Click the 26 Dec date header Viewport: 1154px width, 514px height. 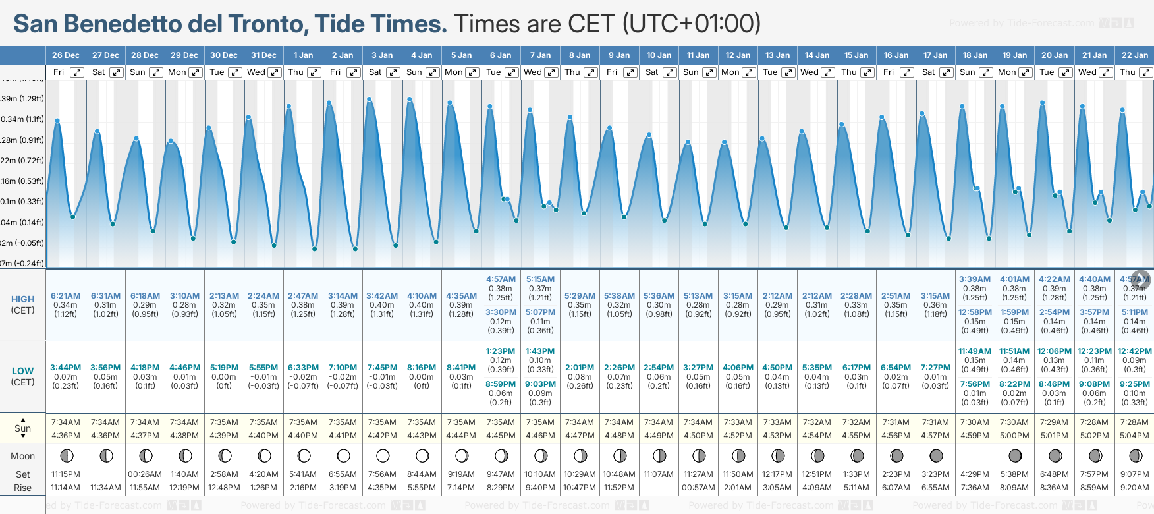(66, 55)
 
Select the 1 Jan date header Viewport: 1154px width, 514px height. (303, 55)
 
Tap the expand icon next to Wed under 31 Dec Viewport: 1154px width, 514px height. (275, 72)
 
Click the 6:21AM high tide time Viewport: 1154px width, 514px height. (65, 296)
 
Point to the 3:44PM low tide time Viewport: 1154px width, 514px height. (65, 368)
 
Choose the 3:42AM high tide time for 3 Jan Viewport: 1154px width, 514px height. (382, 296)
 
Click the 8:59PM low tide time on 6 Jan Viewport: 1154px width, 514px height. (501, 384)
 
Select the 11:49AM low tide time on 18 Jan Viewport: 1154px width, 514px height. (975, 351)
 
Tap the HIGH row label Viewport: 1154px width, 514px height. (22, 299)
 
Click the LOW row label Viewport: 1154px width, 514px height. (22, 371)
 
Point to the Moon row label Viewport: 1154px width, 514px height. (22, 456)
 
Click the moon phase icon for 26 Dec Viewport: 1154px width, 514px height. (66, 455)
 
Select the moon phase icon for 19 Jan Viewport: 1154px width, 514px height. (1015, 455)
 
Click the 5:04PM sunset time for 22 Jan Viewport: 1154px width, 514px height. (1134, 436)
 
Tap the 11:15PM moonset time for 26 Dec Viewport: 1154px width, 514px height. (65, 474)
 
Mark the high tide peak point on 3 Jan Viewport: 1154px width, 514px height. (370, 100)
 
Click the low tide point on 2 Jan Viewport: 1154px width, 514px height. (355, 249)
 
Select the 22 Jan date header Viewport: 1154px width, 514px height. (1134, 55)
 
